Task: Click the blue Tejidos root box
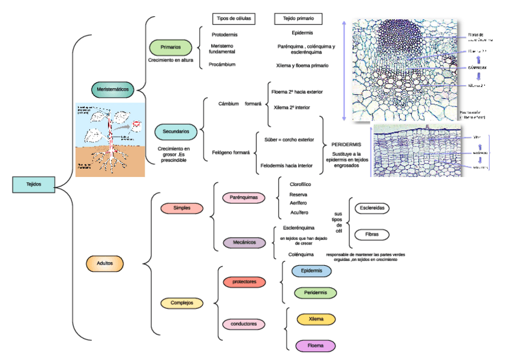coord(34,184)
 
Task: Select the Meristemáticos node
coord(113,89)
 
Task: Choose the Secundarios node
coord(176,130)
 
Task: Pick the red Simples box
coord(182,208)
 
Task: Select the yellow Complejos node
coord(182,303)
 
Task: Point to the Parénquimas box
coord(243,197)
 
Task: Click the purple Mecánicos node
coord(244,242)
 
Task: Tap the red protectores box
coord(244,281)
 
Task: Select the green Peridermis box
coord(315,293)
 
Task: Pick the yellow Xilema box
coord(315,319)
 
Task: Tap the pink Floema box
coord(315,346)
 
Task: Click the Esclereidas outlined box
coord(372,208)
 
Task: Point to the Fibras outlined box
coord(372,234)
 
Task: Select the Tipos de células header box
coord(234,19)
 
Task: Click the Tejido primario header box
coord(298,19)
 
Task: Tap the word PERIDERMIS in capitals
coord(346,145)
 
